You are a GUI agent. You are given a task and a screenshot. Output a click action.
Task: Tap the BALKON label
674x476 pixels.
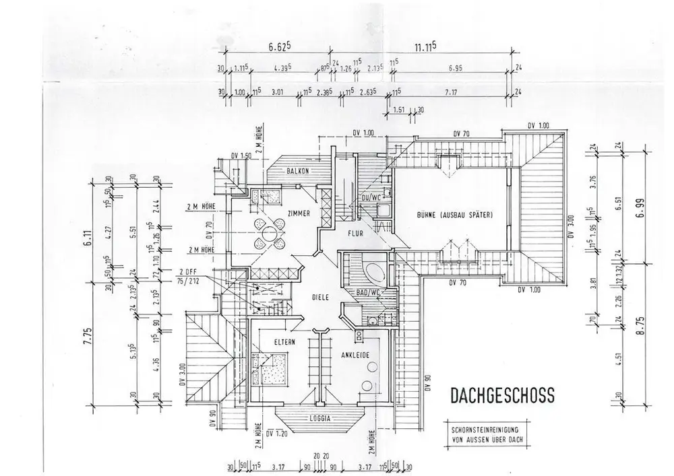point(297,171)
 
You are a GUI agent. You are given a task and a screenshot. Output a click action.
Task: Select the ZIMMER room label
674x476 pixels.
point(297,213)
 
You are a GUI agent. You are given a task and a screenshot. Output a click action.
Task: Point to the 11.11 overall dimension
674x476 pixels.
point(425,46)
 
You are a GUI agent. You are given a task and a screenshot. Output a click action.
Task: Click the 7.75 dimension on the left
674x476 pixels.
point(86,337)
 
